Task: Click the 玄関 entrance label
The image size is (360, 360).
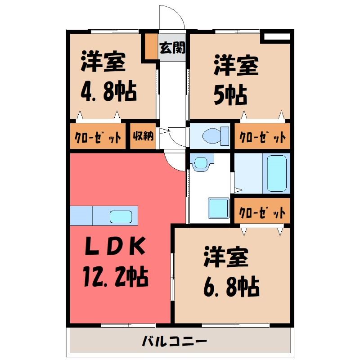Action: [x=172, y=48]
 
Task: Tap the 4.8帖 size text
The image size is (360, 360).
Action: [x=108, y=91]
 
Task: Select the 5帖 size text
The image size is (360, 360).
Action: [x=230, y=95]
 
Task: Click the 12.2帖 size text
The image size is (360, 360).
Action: [x=116, y=276]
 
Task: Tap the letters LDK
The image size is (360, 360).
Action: [x=115, y=246]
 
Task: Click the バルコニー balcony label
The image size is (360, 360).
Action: [x=175, y=342]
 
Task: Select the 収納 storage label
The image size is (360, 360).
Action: [x=143, y=136]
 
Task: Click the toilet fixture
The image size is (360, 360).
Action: [x=216, y=136]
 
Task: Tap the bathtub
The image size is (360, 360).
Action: [x=277, y=174]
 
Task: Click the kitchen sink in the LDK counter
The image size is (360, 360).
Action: [x=121, y=217]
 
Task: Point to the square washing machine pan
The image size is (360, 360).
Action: [x=219, y=208]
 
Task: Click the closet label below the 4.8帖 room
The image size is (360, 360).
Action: [x=98, y=137]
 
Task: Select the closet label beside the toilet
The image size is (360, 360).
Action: [x=262, y=137]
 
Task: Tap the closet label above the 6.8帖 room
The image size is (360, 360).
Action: [x=262, y=212]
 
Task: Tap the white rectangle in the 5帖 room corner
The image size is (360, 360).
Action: [x=277, y=36]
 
